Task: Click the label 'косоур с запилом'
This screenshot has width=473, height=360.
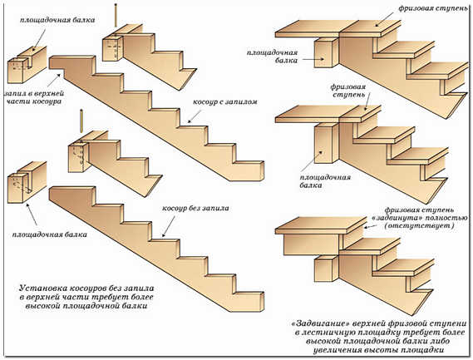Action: click(225, 102)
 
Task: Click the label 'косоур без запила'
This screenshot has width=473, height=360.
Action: click(195, 208)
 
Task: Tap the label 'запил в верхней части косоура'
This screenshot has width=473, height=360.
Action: click(34, 97)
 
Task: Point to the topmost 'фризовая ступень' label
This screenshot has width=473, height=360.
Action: click(433, 8)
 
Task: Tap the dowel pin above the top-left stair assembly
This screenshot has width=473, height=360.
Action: click(116, 16)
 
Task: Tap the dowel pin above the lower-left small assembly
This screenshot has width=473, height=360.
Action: click(81, 121)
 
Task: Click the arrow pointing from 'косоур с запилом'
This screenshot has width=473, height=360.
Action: click(195, 116)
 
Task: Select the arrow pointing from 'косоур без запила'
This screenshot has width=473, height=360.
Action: click(169, 226)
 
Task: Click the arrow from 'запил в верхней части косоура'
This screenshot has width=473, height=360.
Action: click(55, 78)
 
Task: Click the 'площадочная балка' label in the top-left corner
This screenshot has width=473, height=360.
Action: click(57, 20)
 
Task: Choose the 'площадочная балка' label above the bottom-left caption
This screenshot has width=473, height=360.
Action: click(50, 234)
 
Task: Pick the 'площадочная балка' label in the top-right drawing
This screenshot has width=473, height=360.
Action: click(272, 57)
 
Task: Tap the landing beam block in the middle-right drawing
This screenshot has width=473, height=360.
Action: click(327, 144)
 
